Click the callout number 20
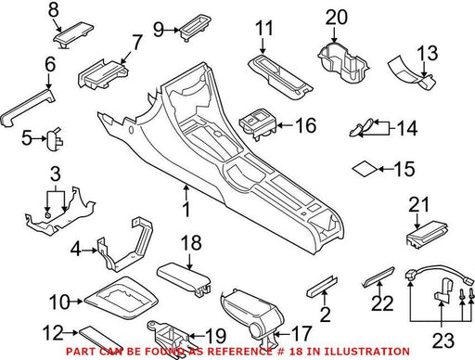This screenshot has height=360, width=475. [x=337, y=18]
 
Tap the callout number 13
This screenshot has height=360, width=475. [x=428, y=53]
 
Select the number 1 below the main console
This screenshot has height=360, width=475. [x=186, y=210]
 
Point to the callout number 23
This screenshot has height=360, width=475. [x=443, y=341]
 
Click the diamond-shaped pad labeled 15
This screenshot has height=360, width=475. [x=365, y=169]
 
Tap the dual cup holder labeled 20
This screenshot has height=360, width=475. [x=343, y=63]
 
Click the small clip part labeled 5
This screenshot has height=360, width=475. [x=54, y=139]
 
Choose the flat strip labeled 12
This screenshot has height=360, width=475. [x=100, y=340]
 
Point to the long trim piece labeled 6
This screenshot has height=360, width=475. [x=27, y=107]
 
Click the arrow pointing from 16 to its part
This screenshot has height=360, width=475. [x=285, y=125]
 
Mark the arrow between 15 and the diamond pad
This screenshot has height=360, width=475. [x=386, y=169]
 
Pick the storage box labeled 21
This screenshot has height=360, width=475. [x=428, y=234]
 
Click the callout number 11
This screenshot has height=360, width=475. [x=264, y=29]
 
